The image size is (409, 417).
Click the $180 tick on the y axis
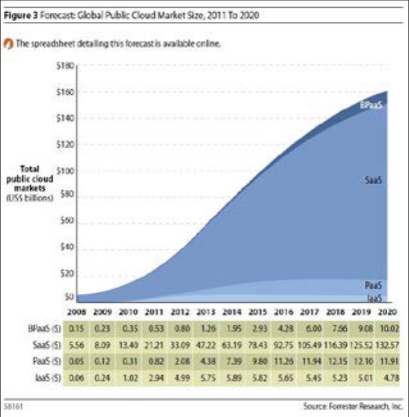[67, 65]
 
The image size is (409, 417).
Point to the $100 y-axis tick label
[67, 171]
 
